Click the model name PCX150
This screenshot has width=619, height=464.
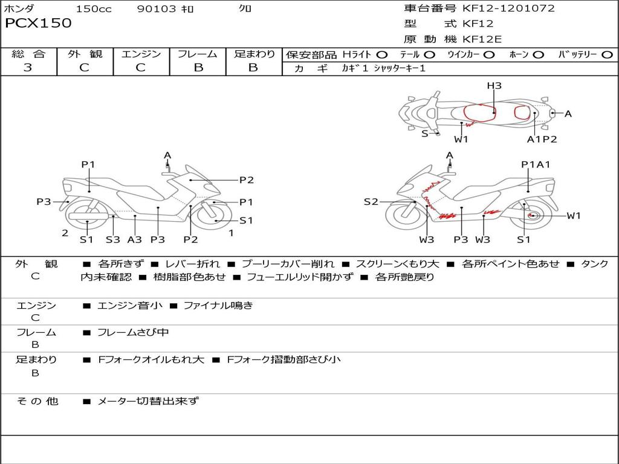[38, 24]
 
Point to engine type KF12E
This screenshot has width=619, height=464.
[482, 40]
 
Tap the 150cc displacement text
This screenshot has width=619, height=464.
[94, 9]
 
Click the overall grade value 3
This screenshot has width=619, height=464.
[28, 67]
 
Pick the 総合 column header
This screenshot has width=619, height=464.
[28, 54]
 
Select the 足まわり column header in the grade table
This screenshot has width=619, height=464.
[254, 54]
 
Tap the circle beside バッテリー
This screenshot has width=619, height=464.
[607, 54]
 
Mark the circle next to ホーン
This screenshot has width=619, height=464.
[538, 54]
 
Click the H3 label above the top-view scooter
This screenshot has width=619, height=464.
[494, 86]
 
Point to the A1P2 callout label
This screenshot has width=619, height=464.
[542, 139]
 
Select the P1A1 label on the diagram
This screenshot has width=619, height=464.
[536, 164]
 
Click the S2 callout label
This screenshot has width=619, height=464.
[371, 202]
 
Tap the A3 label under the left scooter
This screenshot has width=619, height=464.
[134, 239]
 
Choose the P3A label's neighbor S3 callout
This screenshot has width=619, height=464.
[113, 239]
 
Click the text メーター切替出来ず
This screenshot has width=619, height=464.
[148, 401]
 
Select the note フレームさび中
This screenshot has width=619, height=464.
[133, 332]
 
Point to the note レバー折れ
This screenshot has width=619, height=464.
[192, 264]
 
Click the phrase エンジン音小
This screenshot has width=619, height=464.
[130, 306]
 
